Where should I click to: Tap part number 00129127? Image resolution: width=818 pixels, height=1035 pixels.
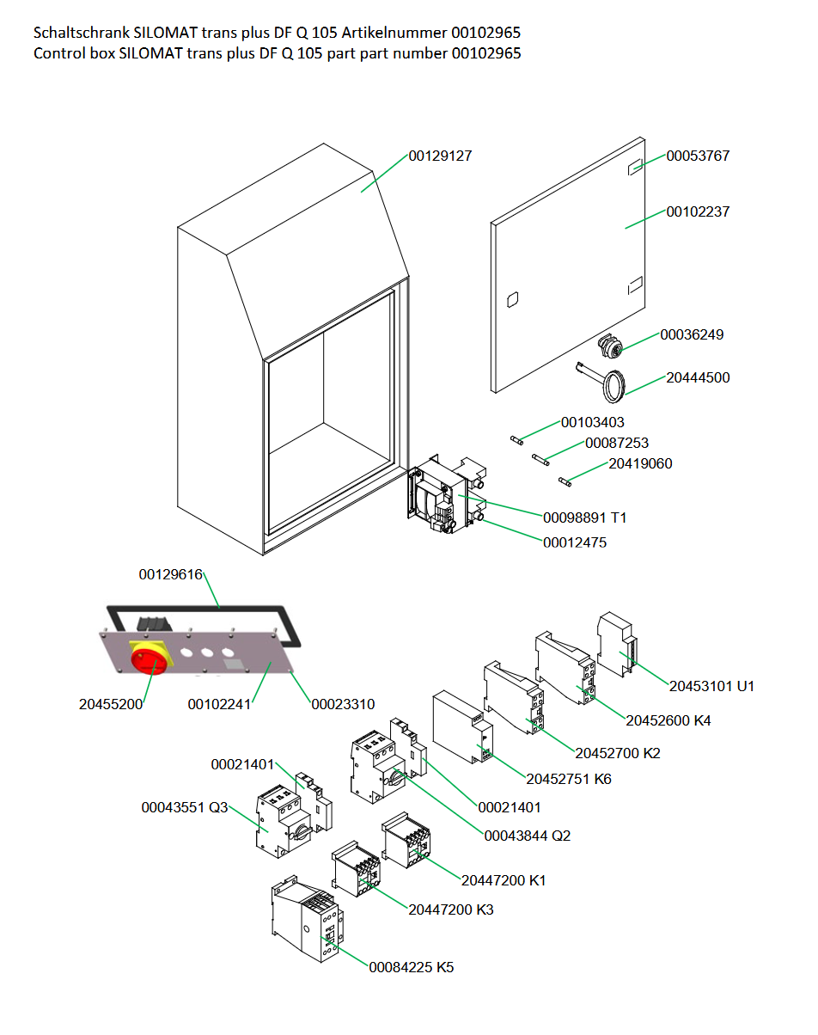click(x=440, y=156)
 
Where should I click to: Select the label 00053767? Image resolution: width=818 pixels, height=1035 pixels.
click(x=698, y=156)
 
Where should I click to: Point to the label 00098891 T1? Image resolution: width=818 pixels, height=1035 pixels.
click(x=585, y=517)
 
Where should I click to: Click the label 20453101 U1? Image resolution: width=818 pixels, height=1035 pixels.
click(x=711, y=686)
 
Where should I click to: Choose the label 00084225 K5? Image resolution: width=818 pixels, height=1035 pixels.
click(x=412, y=967)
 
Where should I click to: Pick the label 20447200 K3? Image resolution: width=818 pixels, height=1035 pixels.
click(x=450, y=909)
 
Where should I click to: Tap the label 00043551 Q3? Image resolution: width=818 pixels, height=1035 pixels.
click(x=184, y=807)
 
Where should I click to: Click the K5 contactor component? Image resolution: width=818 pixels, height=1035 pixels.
click(x=308, y=919)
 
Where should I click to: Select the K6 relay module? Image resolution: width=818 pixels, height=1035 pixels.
click(x=462, y=726)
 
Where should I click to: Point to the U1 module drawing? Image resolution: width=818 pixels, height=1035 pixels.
click(x=617, y=644)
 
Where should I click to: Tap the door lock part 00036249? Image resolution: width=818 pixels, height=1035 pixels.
click(x=610, y=346)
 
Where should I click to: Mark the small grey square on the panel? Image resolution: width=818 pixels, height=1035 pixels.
click(x=234, y=664)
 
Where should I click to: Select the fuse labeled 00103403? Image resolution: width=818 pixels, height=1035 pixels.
click(x=516, y=440)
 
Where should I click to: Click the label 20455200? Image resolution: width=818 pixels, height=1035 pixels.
click(x=111, y=704)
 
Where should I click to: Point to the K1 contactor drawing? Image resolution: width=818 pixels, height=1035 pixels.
click(x=406, y=840)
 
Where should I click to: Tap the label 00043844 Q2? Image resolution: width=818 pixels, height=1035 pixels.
click(x=527, y=836)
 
